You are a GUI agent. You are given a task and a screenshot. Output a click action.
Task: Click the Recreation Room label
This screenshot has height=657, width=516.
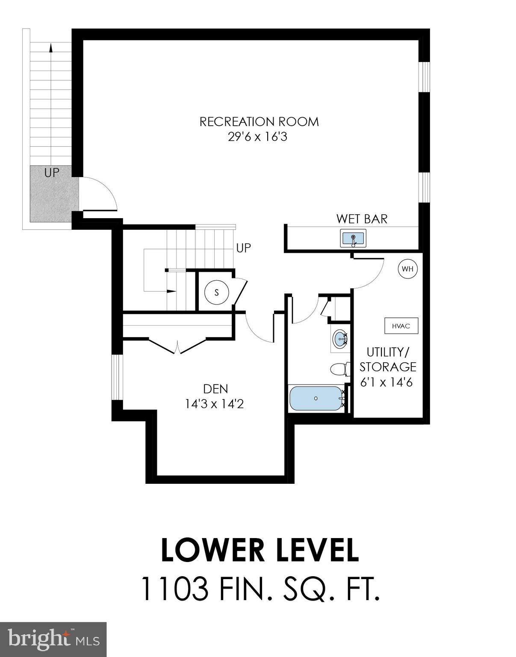(x=259, y=121)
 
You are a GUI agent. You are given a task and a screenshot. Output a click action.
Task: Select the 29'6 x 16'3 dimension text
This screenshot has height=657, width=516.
(x=257, y=137)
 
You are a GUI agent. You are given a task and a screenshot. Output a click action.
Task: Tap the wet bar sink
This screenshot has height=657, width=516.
(x=353, y=238)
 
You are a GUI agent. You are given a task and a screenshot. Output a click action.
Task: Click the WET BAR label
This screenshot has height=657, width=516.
(x=362, y=219)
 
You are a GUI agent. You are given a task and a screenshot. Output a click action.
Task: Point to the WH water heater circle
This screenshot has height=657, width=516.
(x=407, y=269)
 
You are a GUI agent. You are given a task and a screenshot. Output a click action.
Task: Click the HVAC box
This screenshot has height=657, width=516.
(x=401, y=326)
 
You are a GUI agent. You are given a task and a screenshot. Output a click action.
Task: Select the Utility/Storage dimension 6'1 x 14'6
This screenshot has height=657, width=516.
(x=386, y=382)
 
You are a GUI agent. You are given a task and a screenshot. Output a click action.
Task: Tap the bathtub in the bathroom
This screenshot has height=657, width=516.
(x=316, y=398)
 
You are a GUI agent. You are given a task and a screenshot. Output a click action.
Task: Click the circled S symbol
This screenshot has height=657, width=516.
(x=216, y=293)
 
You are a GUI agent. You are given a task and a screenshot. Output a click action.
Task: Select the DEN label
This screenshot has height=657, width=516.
(x=215, y=389)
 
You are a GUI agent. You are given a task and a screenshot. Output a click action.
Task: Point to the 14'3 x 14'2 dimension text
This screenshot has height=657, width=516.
(x=214, y=404)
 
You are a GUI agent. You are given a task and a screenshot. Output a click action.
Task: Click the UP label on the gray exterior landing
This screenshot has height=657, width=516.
(x=52, y=173)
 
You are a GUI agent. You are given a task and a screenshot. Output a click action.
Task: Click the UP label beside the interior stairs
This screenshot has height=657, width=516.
(x=244, y=248)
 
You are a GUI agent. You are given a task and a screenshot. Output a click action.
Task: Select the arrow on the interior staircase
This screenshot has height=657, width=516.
(x=171, y=291)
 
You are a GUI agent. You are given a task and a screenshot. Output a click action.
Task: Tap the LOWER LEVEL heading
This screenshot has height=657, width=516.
(x=259, y=550)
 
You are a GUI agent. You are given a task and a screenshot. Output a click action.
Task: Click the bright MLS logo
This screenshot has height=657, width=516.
(x=53, y=639)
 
